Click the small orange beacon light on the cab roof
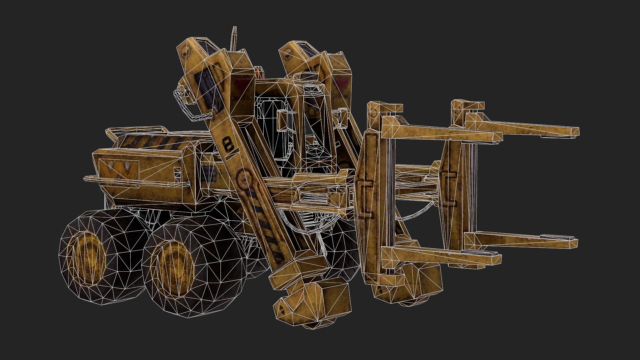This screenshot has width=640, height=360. coord(258,72)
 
